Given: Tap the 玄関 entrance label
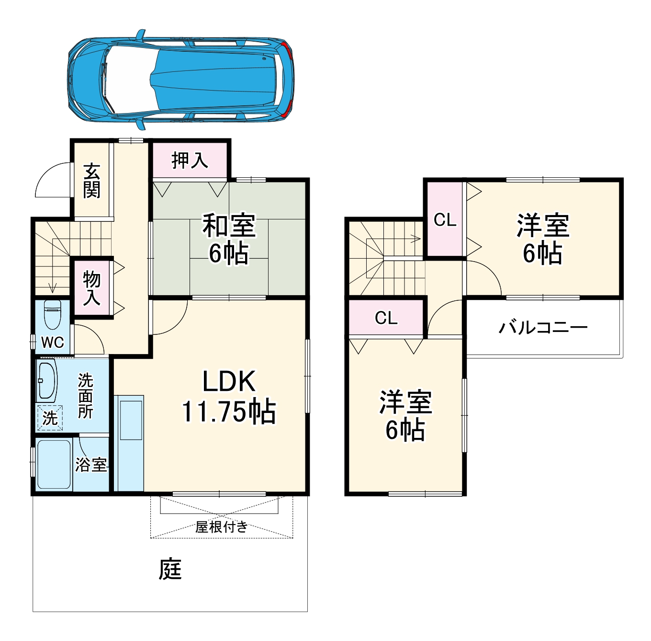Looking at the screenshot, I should pyautogui.click(x=91, y=181).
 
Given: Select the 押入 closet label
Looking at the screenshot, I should pyautogui.click(x=190, y=160).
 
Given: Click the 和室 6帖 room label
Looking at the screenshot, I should pyautogui.click(x=229, y=240).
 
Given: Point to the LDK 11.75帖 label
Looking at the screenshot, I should pyautogui.click(x=229, y=396).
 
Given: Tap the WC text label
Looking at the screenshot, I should pyautogui.click(x=52, y=342).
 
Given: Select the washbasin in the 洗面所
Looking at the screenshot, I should pyautogui.click(x=47, y=380).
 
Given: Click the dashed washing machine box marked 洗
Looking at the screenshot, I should pyautogui.click(x=50, y=418).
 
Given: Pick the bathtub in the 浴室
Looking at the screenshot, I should pyautogui.click(x=54, y=464).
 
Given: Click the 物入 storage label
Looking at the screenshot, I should pyautogui.click(x=91, y=287).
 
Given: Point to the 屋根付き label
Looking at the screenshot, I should pyautogui.click(x=222, y=527).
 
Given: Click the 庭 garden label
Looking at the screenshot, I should pyautogui.click(x=170, y=569).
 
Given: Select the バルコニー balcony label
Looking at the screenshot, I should pyautogui.click(x=543, y=328).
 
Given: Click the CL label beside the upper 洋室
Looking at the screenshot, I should pyautogui.click(x=445, y=220).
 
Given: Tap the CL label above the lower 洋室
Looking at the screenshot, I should pyautogui.click(x=386, y=318).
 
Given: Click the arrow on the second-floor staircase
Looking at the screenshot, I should pyautogui.click(x=415, y=239).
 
